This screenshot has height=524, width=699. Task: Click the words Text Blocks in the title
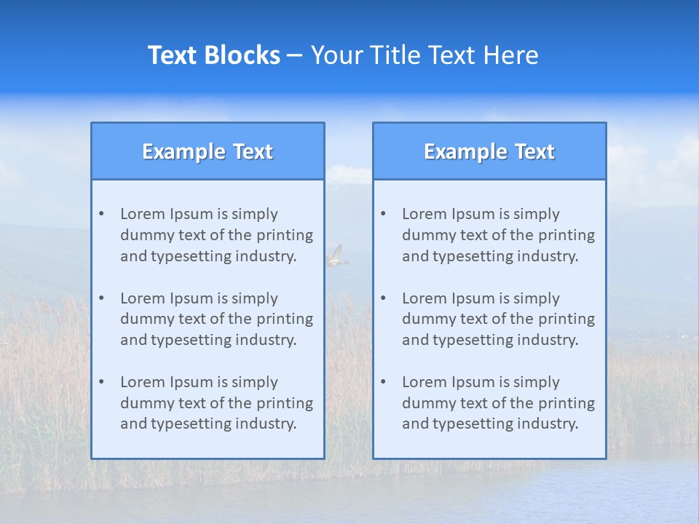[x=214, y=55]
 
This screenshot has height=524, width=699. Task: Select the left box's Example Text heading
[x=208, y=151]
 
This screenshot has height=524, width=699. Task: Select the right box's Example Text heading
[x=489, y=151]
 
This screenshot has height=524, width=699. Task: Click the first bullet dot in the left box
[x=101, y=214]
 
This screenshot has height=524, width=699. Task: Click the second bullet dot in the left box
[x=101, y=298]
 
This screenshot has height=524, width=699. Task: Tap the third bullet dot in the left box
[x=101, y=382]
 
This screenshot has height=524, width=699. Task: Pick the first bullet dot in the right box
[x=383, y=214]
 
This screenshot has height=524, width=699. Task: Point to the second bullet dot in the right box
[x=383, y=298]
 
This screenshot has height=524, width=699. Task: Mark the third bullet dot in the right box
[x=383, y=382]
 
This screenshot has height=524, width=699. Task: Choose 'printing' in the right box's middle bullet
[x=567, y=319]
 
